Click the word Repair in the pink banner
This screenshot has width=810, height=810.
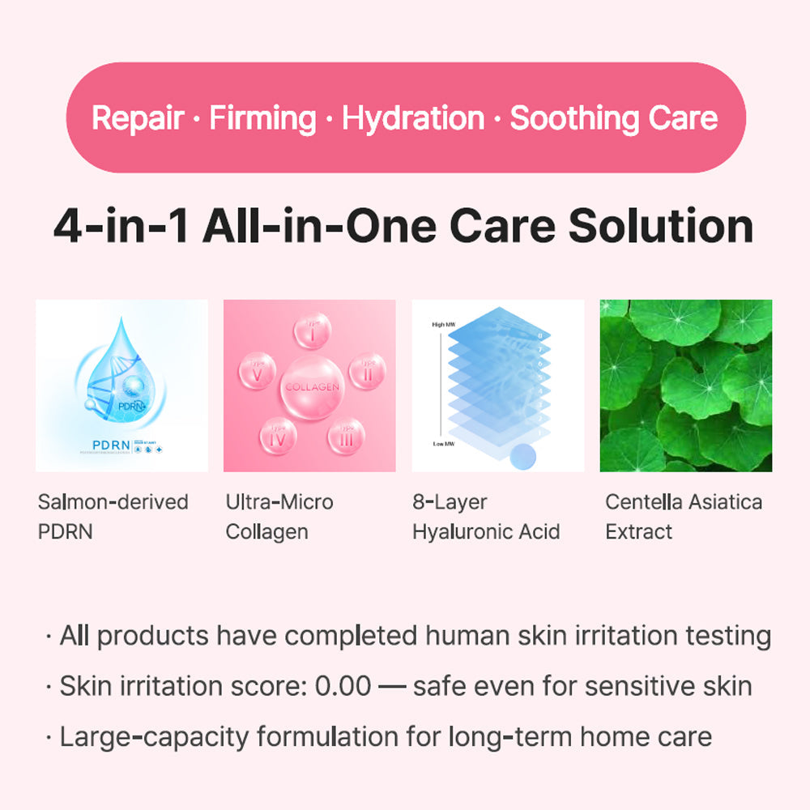tap(137, 118)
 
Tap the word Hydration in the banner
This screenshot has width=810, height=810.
tap(412, 118)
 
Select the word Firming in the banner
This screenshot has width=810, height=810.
tap(262, 118)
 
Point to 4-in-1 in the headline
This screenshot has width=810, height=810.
tap(121, 227)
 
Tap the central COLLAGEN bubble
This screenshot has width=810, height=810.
tap(311, 386)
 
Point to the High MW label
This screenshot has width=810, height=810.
tap(445, 325)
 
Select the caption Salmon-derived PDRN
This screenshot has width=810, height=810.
tap(113, 517)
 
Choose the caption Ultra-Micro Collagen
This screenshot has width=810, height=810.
tap(279, 517)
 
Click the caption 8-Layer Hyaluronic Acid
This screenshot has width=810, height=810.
tap(486, 517)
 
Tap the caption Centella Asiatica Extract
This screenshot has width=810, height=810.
tap(684, 517)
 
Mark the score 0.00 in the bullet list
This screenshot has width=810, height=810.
tap(344, 687)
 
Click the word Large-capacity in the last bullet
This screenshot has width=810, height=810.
tap(155, 737)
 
